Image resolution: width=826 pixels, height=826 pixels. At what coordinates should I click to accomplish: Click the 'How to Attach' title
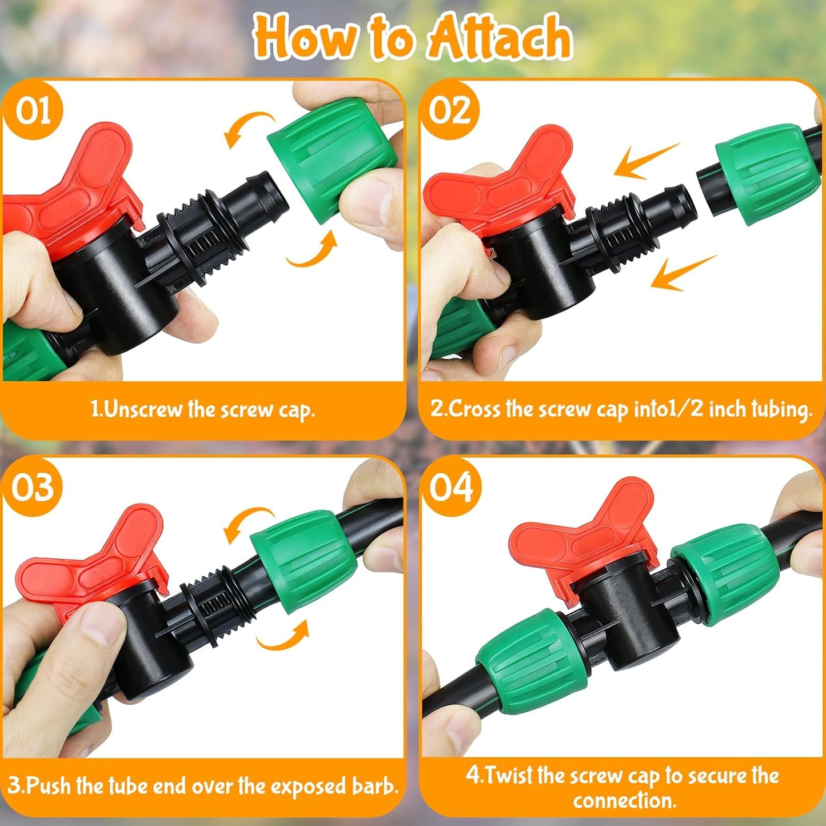(x=413, y=37)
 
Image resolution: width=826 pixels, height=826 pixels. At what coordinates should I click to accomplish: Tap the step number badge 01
(x=33, y=110)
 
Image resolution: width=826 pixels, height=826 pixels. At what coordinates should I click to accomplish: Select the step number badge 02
(x=450, y=110)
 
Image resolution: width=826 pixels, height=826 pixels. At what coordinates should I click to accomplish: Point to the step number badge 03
(x=33, y=488)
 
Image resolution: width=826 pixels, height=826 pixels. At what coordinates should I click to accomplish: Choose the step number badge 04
(x=451, y=488)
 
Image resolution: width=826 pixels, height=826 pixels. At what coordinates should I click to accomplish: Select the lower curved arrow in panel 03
(x=283, y=637)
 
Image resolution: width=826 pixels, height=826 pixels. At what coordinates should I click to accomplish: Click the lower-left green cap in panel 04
(x=532, y=663)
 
